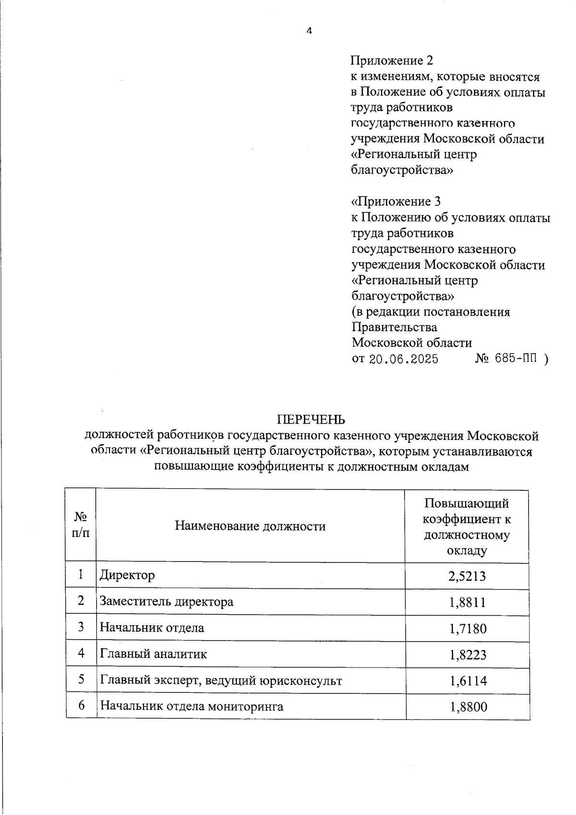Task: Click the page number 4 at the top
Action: click(x=309, y=31)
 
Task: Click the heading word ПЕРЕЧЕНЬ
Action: click(x=311, y=420)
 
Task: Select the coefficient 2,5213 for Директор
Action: click(x=467, y=576)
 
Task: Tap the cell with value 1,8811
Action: click(x=467, y=602)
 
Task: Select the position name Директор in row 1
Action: click(x=127, y=575)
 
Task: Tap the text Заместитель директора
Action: click(x=167, y=601)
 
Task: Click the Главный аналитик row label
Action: click(x=154, y=654)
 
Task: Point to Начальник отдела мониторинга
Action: click(x=192, y=706)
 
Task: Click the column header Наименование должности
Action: click(x=250, y=526)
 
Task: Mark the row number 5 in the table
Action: click(x=81, y=680)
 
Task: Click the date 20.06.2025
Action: click(x=403, y=359)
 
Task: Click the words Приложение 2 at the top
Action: click(x=392, y=61)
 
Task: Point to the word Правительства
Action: click(x=394, y=327)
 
